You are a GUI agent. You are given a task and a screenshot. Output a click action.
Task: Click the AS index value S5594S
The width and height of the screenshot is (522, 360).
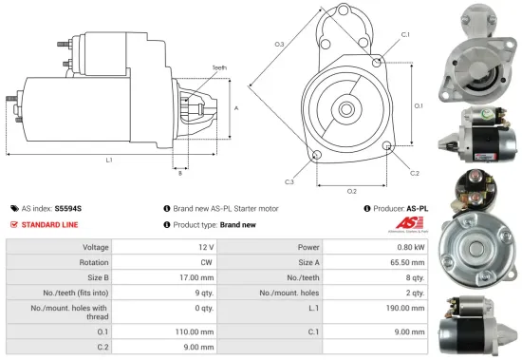[68, 207]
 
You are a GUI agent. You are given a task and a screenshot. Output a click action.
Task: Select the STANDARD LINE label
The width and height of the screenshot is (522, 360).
[49, 224]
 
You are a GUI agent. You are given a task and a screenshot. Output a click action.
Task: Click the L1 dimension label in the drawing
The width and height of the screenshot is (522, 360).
[109, 160]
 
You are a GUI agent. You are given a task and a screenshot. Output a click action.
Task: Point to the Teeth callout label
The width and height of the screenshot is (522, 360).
[219, 68]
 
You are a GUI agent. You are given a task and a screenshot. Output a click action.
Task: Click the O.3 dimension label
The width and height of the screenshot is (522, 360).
[279, 44]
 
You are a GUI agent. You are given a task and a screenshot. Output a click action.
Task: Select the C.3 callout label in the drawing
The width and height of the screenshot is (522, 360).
[289, 181]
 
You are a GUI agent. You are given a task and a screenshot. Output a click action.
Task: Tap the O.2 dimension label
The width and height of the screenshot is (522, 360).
[352, 191]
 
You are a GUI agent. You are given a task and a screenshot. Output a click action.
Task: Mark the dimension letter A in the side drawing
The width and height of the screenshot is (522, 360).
[235, 107]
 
